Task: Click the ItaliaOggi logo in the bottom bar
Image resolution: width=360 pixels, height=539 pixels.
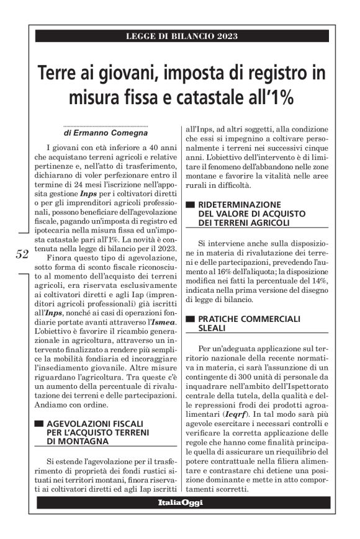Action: click(180, 503)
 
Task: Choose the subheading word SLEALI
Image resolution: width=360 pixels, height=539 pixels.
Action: click(213, 328)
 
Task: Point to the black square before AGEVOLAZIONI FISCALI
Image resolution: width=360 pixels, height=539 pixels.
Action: click(38, 424)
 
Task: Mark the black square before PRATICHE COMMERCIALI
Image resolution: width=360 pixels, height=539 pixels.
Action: click(191, 319)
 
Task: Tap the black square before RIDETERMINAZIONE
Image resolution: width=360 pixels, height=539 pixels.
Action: click(191, 203)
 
